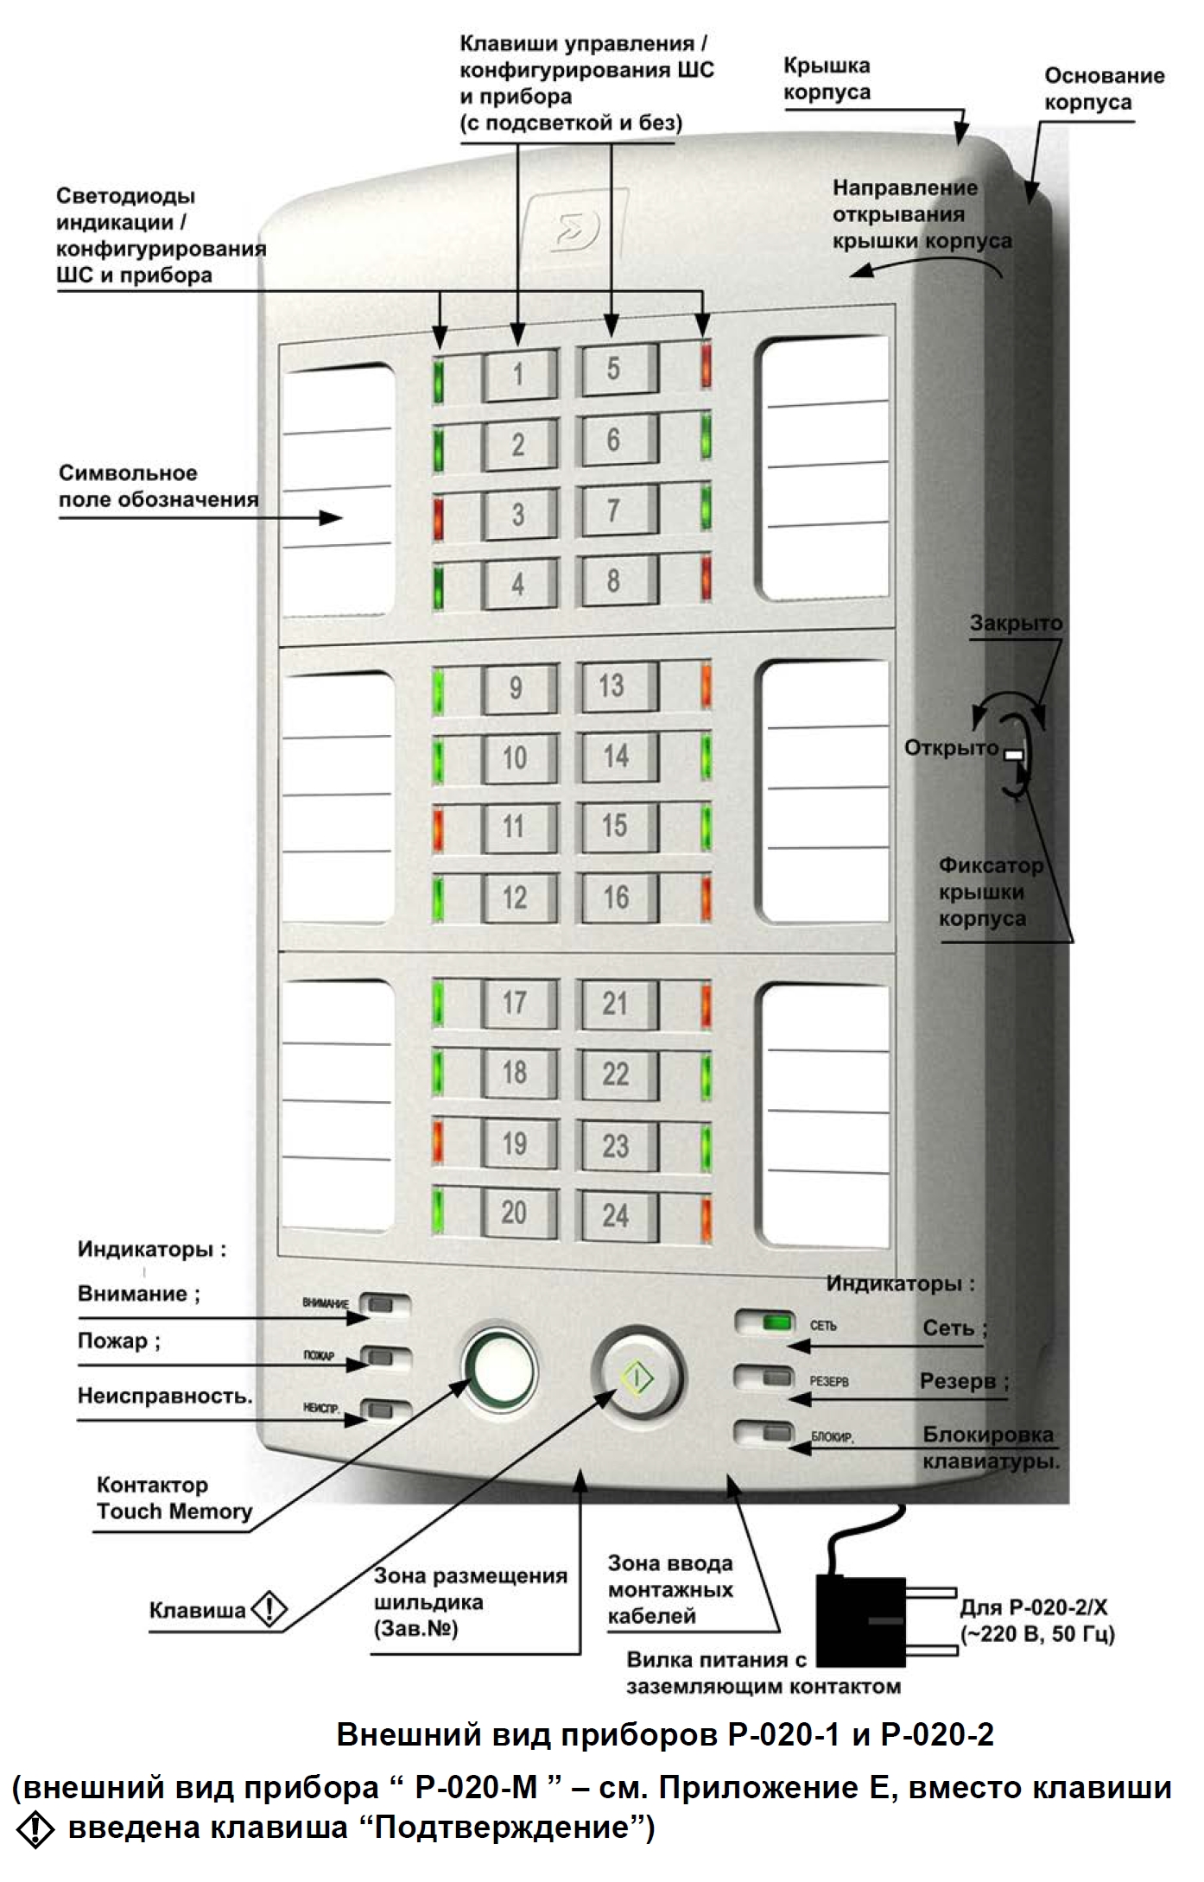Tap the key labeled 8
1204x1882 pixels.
[x=616, y=581]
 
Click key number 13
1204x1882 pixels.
[x=616, y=687]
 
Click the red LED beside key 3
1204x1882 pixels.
[x=438, y=516]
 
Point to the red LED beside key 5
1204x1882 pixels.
[x=707, y=364]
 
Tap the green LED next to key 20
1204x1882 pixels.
[x=438, y=1214]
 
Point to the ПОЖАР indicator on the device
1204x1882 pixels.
[x=379, y=1358]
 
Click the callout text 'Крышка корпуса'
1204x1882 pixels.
[x=827, y=79]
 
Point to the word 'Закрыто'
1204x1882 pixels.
[x=1016, y=623]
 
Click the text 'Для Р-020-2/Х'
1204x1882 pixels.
[x=1034, y=1607]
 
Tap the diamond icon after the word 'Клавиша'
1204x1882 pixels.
[x=269, y=1610]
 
